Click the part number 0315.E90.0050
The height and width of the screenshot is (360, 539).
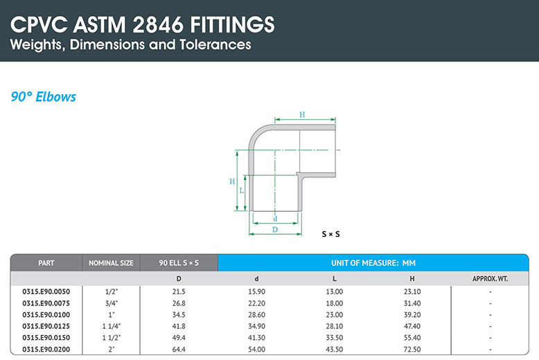coord(46,291)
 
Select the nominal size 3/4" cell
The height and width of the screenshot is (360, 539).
coord(111,303)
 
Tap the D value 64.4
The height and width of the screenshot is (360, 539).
coord(179,350)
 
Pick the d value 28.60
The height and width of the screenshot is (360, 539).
coord(256,315)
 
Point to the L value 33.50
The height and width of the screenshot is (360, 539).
coord(335,338)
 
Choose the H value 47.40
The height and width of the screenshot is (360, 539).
coord(412,326)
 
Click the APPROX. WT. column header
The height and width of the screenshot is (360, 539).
coord(490,278)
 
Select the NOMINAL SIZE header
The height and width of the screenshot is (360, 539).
coord(111,263)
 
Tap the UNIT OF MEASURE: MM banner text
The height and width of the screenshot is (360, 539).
coord(373,263)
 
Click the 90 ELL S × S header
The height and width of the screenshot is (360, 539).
coord(179,263)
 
